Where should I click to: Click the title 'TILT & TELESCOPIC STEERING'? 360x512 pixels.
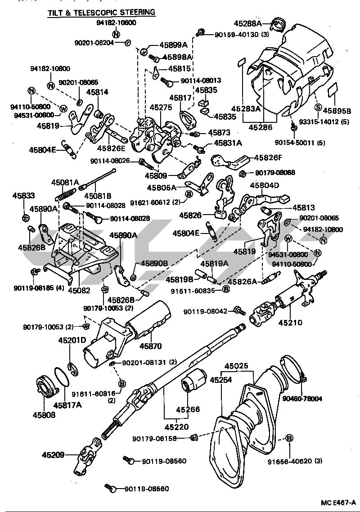pos(101,13)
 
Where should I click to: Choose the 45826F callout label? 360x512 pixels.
pos(268,157)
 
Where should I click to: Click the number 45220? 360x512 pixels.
pos(177,426)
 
